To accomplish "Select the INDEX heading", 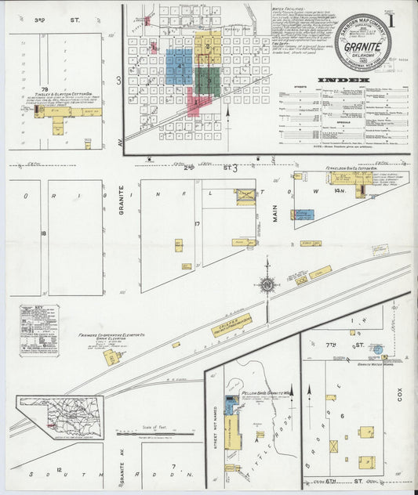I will coord(343,80).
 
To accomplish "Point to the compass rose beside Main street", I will coord(268,286).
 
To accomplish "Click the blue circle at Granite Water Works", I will coord(377,350).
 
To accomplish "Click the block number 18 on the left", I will coord(45,233).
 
